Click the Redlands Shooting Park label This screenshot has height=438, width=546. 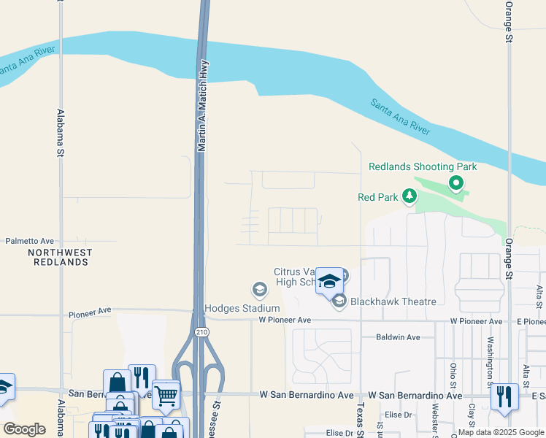(x=423, y=166)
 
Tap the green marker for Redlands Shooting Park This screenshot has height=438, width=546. (x=456, y=183)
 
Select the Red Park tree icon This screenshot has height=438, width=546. (x=410, y=196)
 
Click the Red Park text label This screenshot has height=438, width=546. (x=377, y=197)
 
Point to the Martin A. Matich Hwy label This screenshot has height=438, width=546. (x=204, y=105)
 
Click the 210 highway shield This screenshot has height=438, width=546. (x=201, y=331)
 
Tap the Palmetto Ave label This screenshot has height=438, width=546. (x=30, y=240)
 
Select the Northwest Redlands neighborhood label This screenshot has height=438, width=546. (x=61, y=257)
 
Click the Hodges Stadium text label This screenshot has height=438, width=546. (x=242, y=309)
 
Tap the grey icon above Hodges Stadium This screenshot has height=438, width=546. (x=258, y=290)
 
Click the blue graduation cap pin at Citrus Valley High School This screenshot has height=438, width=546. (x=330, y=281)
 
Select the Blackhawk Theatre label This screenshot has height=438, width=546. (x=393, y=301)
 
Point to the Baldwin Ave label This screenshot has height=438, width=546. (x=398, y=337)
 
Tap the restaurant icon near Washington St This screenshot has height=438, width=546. (x=504, y=397)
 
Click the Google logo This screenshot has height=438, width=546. (x=24, y=429)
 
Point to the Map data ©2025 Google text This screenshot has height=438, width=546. (x=501, y=432)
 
